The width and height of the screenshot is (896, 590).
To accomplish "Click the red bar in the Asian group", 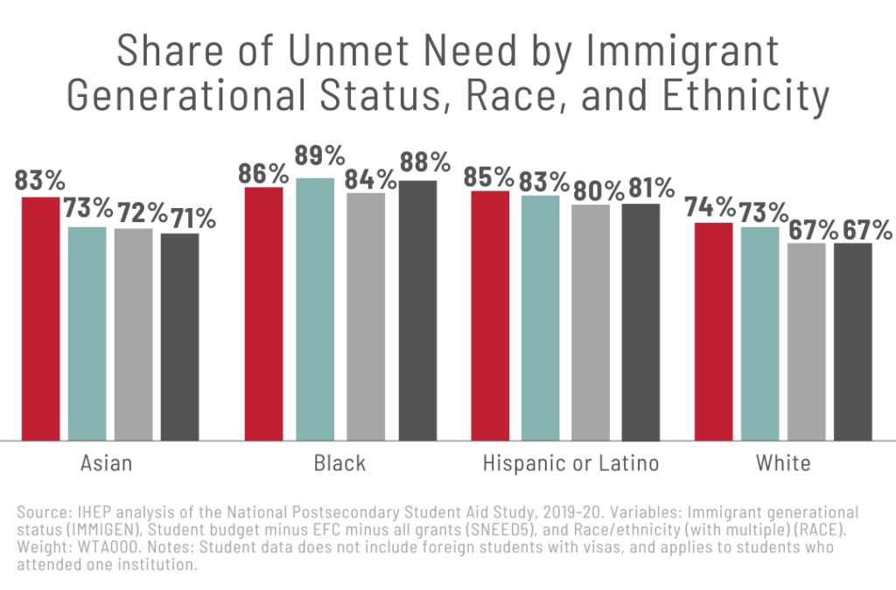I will click(40, 319).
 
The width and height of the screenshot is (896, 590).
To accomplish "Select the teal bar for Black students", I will click(315, 309).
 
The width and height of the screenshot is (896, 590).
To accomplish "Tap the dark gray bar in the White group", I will click(852, 342).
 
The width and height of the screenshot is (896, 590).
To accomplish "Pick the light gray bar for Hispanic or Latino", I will click(591, 323).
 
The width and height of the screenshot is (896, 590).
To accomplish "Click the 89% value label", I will click(320, 157).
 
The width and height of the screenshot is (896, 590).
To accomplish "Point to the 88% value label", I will click(425, 163).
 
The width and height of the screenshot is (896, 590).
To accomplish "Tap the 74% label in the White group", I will click(710, 207).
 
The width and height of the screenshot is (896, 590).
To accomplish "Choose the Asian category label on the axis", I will click(107, 463).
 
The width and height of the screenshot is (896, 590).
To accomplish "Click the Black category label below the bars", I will click(339, 463).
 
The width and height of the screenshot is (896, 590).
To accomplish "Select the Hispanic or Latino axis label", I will click(570, 463).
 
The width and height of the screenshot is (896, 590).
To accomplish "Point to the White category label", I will click(785, 463).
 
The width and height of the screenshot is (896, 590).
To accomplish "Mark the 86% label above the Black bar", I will click(263, 173).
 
